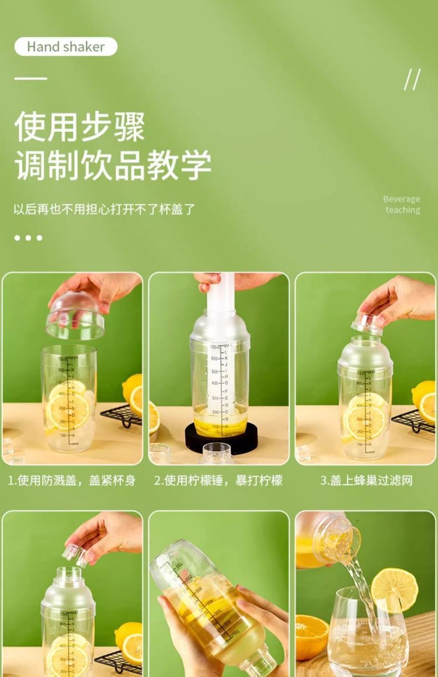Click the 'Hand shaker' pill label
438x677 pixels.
coord(65,47)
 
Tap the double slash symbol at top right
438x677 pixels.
coord(412,80)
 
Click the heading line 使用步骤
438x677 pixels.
coord(80,127)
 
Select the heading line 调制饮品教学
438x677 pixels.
coord(113,165)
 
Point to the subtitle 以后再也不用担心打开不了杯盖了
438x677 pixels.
coord(104,210)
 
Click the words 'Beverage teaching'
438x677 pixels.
coord(402,204)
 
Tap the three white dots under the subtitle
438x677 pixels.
coord(28,238)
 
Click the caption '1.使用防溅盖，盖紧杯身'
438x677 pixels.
coord(72,480)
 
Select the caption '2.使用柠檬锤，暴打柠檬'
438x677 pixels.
coord(218,480)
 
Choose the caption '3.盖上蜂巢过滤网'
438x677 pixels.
coord(366,480)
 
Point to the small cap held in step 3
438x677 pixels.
coord(369,324)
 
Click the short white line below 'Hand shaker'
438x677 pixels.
coord(30,78)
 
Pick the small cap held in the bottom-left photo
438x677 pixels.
coord(75,552)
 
